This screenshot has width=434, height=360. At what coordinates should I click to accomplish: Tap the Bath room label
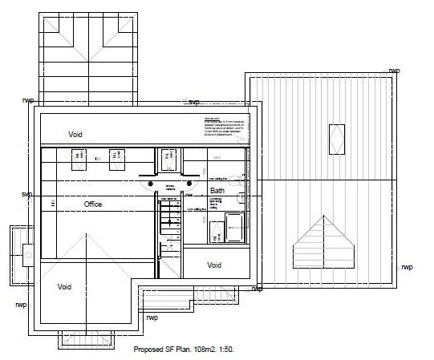(217, 191)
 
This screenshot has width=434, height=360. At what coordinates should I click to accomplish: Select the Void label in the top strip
(75, 135)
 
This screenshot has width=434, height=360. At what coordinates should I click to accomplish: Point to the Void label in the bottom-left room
(64, 286)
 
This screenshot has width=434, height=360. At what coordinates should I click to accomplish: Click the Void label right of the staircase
(214, 265)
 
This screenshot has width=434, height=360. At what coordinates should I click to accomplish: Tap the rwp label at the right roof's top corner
(394, 71)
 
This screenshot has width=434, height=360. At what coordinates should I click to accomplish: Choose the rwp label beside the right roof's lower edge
(407, 267)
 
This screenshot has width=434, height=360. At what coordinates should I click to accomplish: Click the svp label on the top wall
(193, 102)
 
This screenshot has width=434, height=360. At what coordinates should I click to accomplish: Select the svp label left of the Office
(26, 195)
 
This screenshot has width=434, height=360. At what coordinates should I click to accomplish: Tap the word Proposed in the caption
(149, 350)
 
